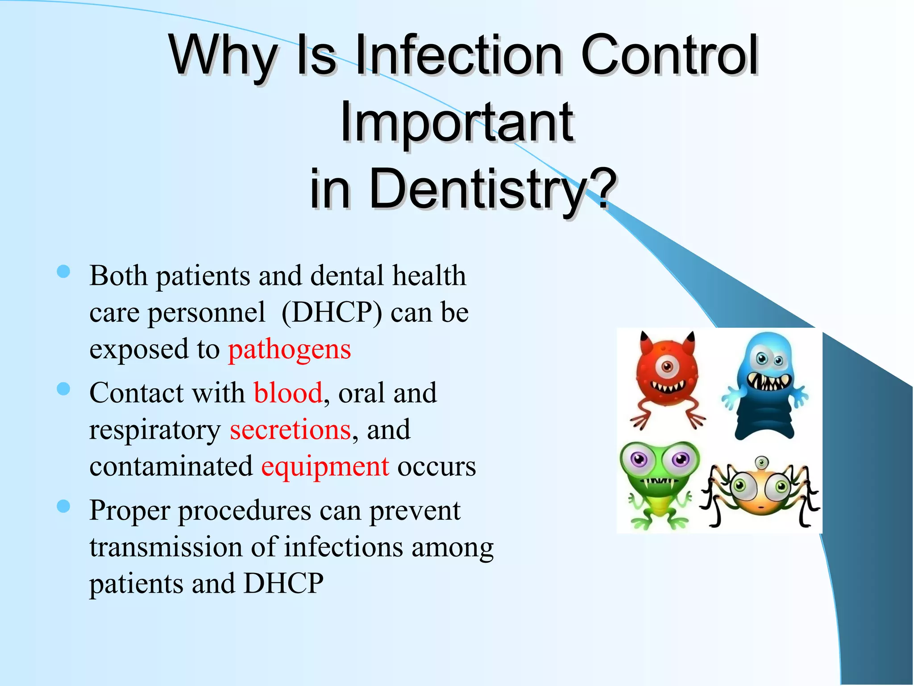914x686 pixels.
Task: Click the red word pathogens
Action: [289, 350]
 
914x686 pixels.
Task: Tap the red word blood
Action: [288, 393]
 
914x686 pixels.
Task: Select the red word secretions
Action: [290, 430]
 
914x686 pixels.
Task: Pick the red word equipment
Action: [325, 467]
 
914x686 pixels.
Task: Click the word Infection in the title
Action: [459, 55]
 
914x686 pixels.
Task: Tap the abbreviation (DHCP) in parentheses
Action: [332, 312]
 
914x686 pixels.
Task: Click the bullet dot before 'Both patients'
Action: [64, 272]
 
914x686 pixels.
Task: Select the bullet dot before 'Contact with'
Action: [64, 389]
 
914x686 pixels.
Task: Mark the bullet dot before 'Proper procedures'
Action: [64, 506]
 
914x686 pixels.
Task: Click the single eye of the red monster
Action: [667, 367]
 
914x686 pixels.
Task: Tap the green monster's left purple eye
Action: [639, 459]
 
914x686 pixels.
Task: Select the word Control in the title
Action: [669, 55]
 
